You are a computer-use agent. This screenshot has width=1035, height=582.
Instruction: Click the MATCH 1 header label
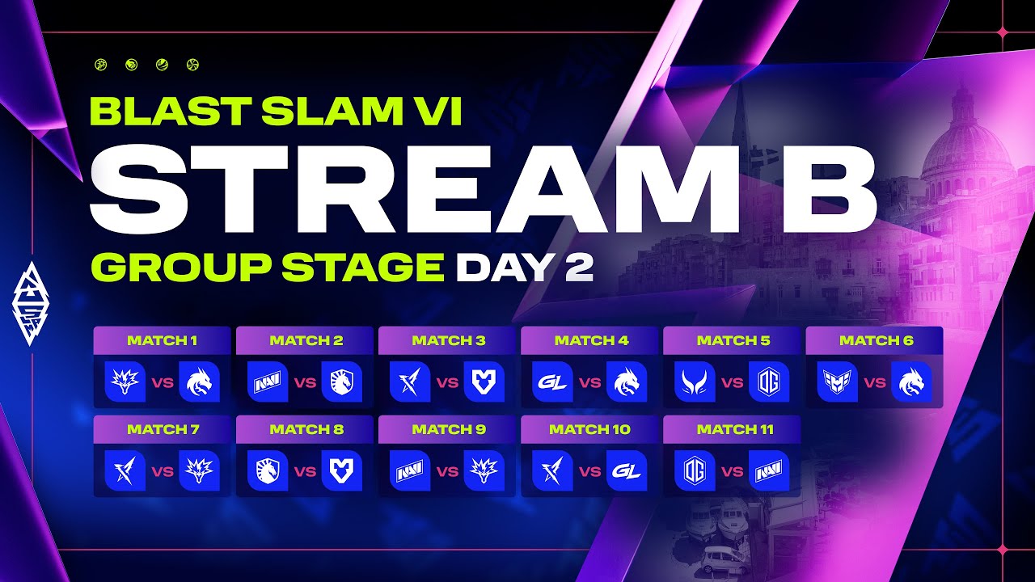(x=163, y=341)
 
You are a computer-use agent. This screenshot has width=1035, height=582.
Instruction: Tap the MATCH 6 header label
(x=876, y=341)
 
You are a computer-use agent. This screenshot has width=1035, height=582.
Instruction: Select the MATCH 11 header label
(x=735, y=429)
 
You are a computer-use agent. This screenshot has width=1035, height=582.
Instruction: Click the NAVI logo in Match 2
(x=268, y=382)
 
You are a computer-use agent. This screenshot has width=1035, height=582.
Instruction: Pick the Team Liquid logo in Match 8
(x=268, y=470)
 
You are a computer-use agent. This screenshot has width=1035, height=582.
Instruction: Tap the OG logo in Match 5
(x=769, y=382)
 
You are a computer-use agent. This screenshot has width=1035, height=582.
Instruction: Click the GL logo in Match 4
(x=552, y=382)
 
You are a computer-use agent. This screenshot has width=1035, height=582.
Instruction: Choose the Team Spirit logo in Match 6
(x=911, y=382)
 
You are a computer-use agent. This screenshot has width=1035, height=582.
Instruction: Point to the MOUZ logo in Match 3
(x=484, y=382)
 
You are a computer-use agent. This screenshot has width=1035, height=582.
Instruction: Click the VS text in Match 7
(x=163, y=471)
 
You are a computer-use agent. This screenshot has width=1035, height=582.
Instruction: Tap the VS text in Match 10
(x=590, y=471)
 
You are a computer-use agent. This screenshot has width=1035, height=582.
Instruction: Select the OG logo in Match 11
(x=695, y=470)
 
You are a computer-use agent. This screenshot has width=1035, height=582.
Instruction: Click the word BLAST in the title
(x=171, y=112)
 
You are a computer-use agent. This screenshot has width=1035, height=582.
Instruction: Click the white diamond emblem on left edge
(x=31, y=304)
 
